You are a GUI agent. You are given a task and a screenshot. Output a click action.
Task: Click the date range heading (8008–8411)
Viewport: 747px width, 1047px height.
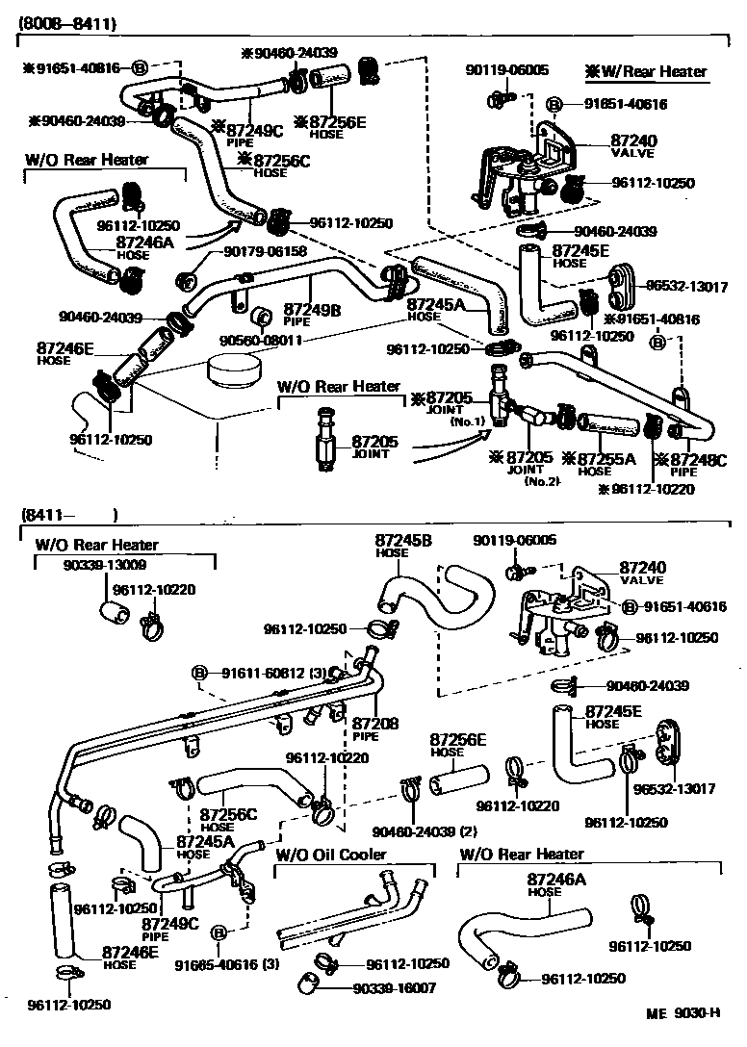[x=59, y=16]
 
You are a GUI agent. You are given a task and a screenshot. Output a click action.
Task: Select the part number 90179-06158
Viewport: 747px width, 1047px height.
[x=265, y=252]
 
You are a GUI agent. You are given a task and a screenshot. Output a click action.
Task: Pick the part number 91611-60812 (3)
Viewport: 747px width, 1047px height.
[x=270, y=673]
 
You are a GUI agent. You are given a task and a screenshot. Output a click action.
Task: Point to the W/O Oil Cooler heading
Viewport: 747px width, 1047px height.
[x=331, y=855]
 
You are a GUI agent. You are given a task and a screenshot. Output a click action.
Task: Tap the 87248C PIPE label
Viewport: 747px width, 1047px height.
[x=685, y=465]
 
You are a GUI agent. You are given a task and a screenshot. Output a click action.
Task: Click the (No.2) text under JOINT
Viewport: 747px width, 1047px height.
[x=541, y=481]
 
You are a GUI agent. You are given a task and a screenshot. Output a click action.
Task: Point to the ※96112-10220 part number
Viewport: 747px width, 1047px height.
[x=644, y=489]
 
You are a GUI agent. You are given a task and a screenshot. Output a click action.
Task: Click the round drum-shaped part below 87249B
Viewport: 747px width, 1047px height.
[x=235, y=369]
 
